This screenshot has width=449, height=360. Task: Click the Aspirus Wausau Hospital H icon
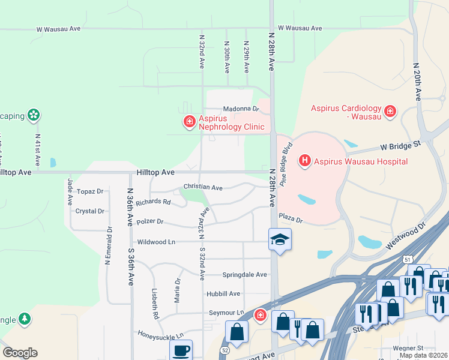[x=305, y=161]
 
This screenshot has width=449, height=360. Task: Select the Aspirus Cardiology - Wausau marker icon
[x=390, y=110]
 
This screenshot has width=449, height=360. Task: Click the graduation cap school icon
[x=280, y=239]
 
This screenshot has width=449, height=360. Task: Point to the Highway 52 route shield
[x=223, y=349]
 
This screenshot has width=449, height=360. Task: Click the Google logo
[x=20, y=352]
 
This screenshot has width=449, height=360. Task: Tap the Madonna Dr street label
[x=240, y=109]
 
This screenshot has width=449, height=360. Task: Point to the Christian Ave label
[x=203, y=188]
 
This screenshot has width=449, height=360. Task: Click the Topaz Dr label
[x=90, y=191]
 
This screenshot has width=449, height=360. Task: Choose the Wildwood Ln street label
[x=156, y=242]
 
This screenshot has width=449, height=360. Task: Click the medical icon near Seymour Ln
[x=261, y=315]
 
